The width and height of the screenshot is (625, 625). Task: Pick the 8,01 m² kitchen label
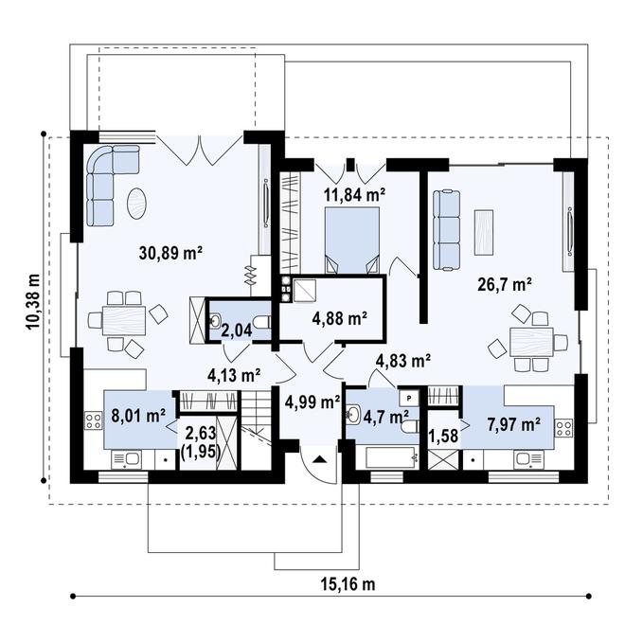(138, 414)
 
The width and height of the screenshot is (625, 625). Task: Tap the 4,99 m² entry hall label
(312, 402)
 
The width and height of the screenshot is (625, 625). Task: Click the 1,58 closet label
(442, 435)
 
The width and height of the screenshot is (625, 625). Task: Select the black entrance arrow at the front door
(319, 459)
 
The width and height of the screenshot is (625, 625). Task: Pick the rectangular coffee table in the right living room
(484, 230)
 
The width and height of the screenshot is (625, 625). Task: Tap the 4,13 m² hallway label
(233, 375)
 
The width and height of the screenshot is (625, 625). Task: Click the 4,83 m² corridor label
(403, 360)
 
